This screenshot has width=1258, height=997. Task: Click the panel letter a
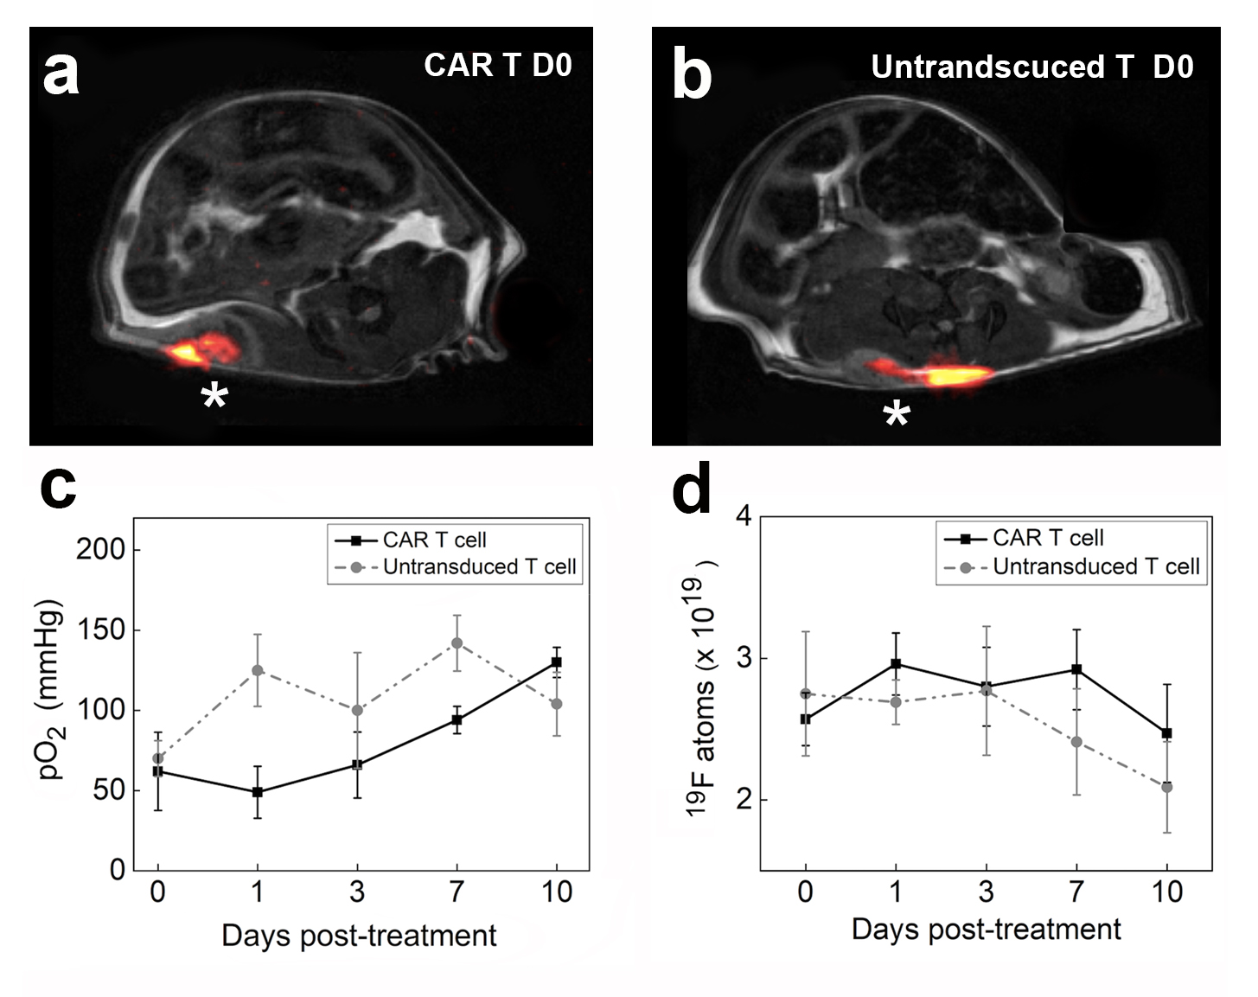[61, 73]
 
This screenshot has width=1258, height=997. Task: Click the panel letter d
[692, 490]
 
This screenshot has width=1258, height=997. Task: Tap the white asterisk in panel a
[214, 397]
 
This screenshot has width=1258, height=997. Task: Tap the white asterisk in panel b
[897, 414]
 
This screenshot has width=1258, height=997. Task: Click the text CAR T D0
[497, 66]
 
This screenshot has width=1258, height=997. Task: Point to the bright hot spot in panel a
[187, 352]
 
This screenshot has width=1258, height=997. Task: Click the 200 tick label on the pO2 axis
[101, 550]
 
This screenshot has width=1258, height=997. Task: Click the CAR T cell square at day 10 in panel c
[556, 662]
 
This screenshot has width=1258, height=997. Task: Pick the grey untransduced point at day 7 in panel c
[457, 642]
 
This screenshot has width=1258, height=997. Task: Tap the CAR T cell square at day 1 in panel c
[257, 792]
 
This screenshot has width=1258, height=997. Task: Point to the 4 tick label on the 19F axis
[743, 519]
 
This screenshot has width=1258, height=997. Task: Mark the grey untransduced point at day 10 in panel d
[1166, 787]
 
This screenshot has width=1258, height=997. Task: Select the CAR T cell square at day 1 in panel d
[896, 663]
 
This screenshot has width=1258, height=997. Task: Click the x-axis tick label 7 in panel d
[1076, 892]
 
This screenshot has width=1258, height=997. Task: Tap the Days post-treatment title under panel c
[359, 936]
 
